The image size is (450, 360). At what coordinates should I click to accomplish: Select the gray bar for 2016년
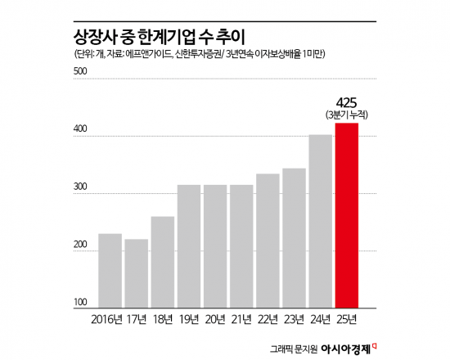pyautogui.click(x=110, y=270)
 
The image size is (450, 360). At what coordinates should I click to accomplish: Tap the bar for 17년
pyautogui.click(x=136, y=272)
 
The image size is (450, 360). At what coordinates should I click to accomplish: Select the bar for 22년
pyautogui.click(x=268, y=240)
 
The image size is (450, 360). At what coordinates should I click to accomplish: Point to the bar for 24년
pyautogui.click(x=321, y=220)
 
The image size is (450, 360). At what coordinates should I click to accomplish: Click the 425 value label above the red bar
pyautogui.click(x=347, y=103)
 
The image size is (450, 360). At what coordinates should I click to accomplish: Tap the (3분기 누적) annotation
pyautogui.click(x=347, y=115)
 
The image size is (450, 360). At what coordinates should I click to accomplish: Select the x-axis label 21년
pyautogui.click(x=241, y=318)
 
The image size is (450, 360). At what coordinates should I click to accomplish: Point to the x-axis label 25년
pyautogui.click(x=347, y=318)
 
